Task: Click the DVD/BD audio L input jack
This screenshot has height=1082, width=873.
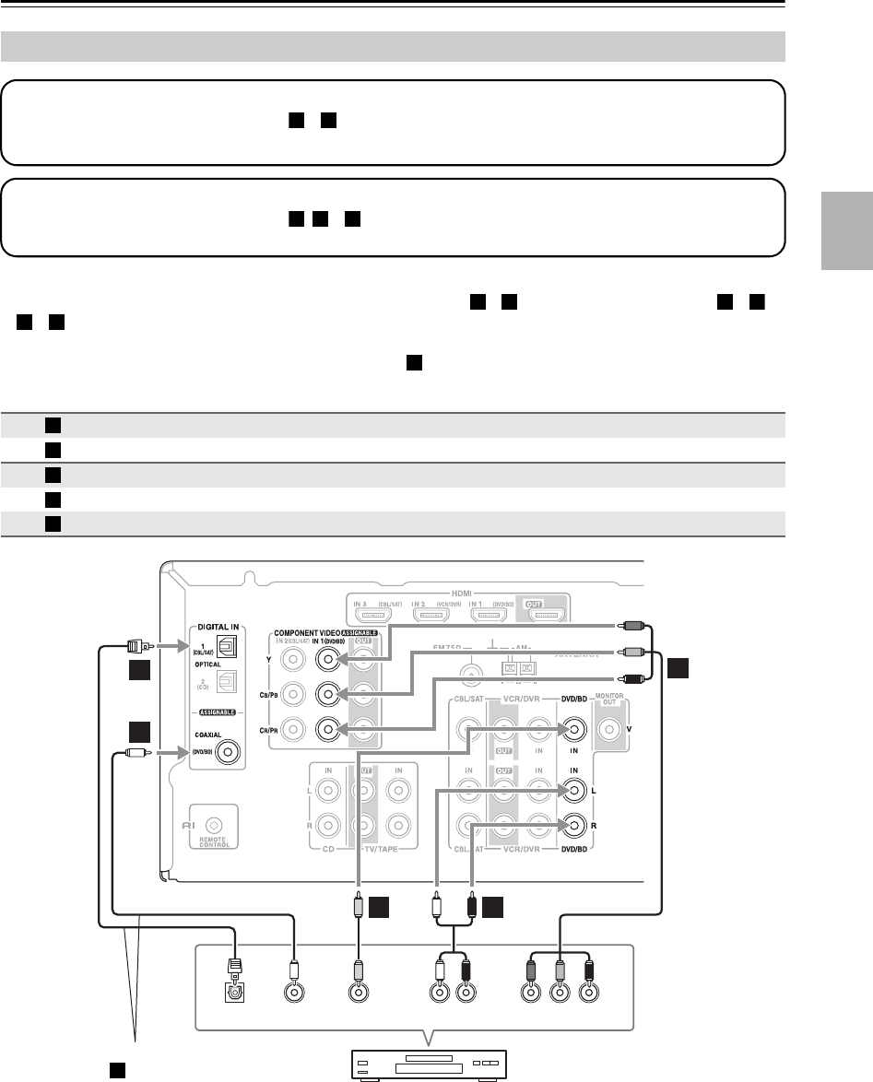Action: (573, 791)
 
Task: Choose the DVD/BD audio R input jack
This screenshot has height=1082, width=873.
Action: (573, 826)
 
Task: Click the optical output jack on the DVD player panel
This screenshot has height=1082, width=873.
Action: (234, 994)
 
